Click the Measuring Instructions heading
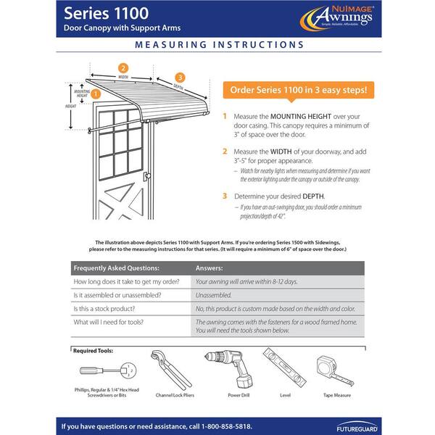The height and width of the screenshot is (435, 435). click(217, 44)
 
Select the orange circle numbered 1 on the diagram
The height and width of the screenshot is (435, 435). click(96, 93)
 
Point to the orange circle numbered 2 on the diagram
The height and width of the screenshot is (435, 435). click(123, 67)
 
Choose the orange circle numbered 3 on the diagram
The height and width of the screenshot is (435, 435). click(180, 77)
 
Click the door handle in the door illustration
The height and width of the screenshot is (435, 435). click(146, 176)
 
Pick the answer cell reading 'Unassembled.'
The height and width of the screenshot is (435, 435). click(214, 295)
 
